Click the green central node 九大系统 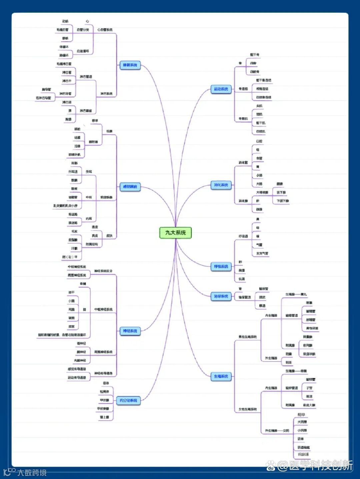[x=175, y=233]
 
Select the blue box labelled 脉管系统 [x=130, y=65]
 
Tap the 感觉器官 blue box [x=130, y=187]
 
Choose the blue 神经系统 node [x=130, y=331]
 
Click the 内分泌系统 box [x=128, y=400]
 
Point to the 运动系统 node [x=221, y=89]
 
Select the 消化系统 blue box [x=221, y=185]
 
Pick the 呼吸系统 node [x=221, y=266]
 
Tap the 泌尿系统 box [x=221, y=296]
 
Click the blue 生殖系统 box [x=221, y=376]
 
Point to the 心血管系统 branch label [x=105, y=30]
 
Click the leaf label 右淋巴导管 [x=43, y=98]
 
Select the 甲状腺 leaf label [x=104, y=400]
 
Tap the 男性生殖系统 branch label [x=247, y=337]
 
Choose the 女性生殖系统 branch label [x=247, y=409]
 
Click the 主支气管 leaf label [x=262, y=253]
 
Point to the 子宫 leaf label [x=309, y=388]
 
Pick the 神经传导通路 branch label [x=103, y=373]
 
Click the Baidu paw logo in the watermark [x=271, y=466]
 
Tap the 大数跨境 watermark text [x=32, y=472]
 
